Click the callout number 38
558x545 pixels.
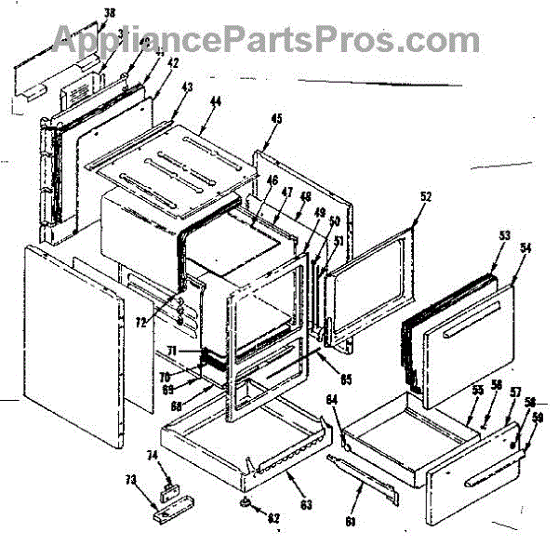coord(110,13)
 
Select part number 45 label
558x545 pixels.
coord(277,118)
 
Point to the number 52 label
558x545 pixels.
coord(426,196)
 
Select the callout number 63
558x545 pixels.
coord(306,480)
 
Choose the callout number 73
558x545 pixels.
coord(131,480)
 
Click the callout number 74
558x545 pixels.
coord(153,456)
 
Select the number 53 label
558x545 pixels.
coord(503,236)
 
